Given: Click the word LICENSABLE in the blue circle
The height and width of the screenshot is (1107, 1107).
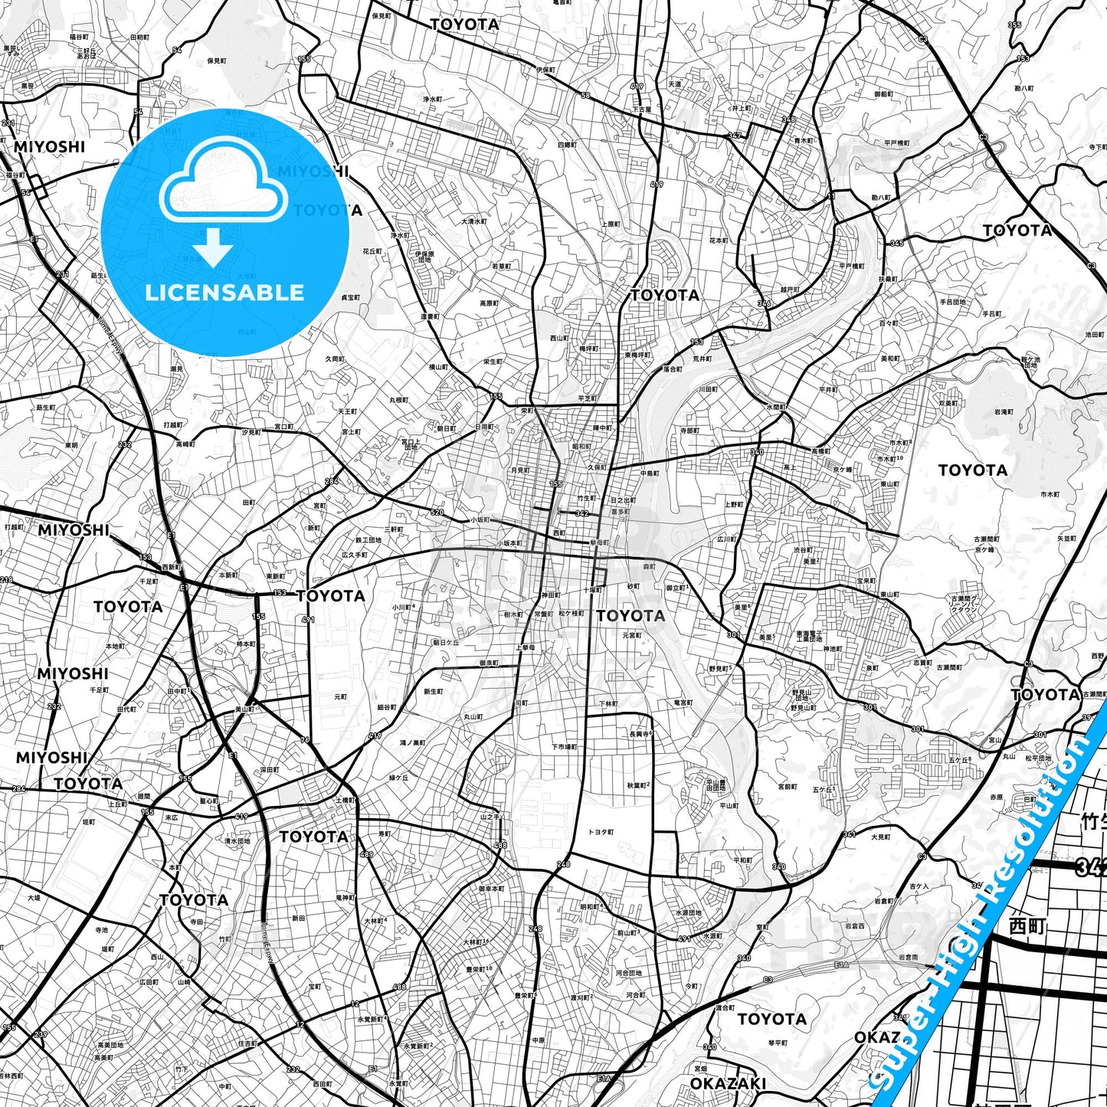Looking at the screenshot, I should [224, 293].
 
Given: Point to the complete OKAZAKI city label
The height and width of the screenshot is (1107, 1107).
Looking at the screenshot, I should [727, 1083].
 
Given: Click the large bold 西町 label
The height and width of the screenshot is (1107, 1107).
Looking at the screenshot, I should [1027, 925].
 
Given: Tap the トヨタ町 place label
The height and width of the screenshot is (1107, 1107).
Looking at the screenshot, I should [600, 832].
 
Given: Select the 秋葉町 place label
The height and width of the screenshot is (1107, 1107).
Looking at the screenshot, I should [638, 785].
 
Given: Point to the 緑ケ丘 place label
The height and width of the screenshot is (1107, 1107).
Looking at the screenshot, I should [398, 778].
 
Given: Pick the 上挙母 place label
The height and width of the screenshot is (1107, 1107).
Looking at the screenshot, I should [525, 647].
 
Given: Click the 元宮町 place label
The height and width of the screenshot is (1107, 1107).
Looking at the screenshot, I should [632, 635].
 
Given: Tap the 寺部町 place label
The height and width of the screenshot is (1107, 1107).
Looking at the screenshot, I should [689, 431].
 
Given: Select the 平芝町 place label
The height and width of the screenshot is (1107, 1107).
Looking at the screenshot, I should [588, 398].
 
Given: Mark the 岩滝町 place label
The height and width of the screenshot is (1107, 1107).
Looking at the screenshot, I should [1004, 412].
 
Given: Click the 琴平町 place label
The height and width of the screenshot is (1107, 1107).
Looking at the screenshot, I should [778, 1043].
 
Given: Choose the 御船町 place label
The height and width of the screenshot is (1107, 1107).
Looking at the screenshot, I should [883, 94].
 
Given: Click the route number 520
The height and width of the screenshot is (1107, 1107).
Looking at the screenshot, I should [437, 513].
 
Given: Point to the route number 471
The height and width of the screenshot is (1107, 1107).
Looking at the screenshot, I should [308, 620].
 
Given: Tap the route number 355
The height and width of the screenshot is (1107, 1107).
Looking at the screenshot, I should [1014, 25].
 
